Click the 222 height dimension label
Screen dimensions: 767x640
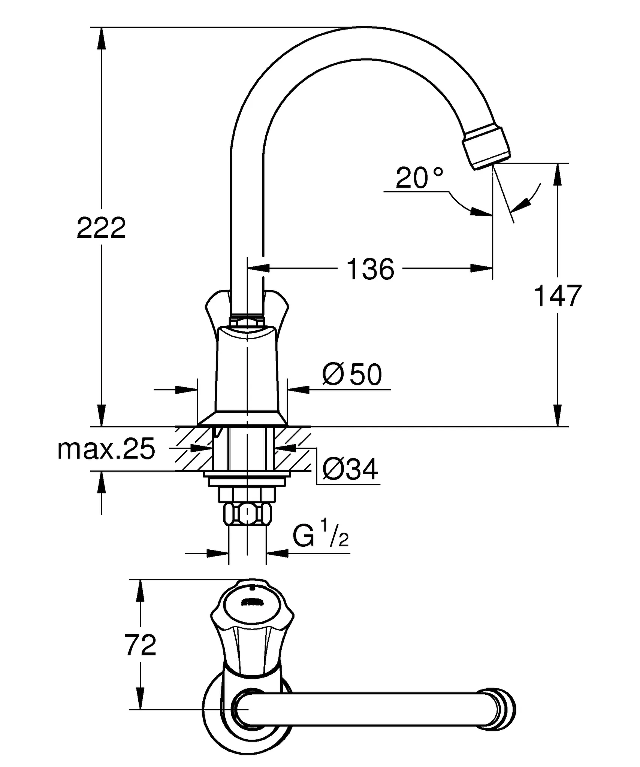(x=101, y=228)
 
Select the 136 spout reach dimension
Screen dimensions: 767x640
(x=370, y=269)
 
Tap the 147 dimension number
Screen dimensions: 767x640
(x=557, y=296)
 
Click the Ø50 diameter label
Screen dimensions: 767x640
(x=352, y=374)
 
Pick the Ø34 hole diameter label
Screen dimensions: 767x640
(x=350, y=470)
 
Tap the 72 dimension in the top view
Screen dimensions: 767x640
(x=141, y=645)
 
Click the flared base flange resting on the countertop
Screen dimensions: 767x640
(x=242, y=419)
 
